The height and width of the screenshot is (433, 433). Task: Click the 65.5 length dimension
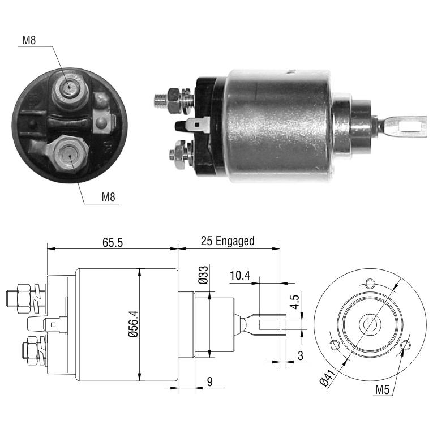pyautogui.click(x=113, y=242)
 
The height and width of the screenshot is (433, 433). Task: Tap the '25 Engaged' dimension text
pyautogui.click(x=228, y=241)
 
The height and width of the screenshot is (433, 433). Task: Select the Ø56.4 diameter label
pyautogui.click(x=134, y=324)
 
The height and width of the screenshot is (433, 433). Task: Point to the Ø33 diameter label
pyautogui.click(x=203, y=275)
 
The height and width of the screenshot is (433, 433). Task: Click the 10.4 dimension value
pyautogui.click(x=239, y=275)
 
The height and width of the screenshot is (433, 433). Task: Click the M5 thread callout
pyautogui.click(x=382, y=389)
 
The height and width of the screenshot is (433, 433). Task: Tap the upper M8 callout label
pyautogui.click(x=29, y=40)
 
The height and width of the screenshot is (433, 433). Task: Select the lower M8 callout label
pyautogui.click(x=108, y=197)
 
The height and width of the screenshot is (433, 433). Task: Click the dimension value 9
pyautogui.click(x=209, y=381)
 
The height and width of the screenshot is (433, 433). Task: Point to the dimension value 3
pyautogui.click(x=301, y=355)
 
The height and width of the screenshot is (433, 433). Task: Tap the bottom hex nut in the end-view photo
pyautogui.click(x=70, y=153)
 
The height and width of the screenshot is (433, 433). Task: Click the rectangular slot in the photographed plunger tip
pyautogui.click(x=410, y=127)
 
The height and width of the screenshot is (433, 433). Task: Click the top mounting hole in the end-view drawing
pyautogui.click(x=370, y=283)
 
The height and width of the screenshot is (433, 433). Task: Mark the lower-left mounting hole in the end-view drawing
pyautogui.click(x=335, y=345)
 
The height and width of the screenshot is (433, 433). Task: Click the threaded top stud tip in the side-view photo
pyautogui.click(x=160, y=101)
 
